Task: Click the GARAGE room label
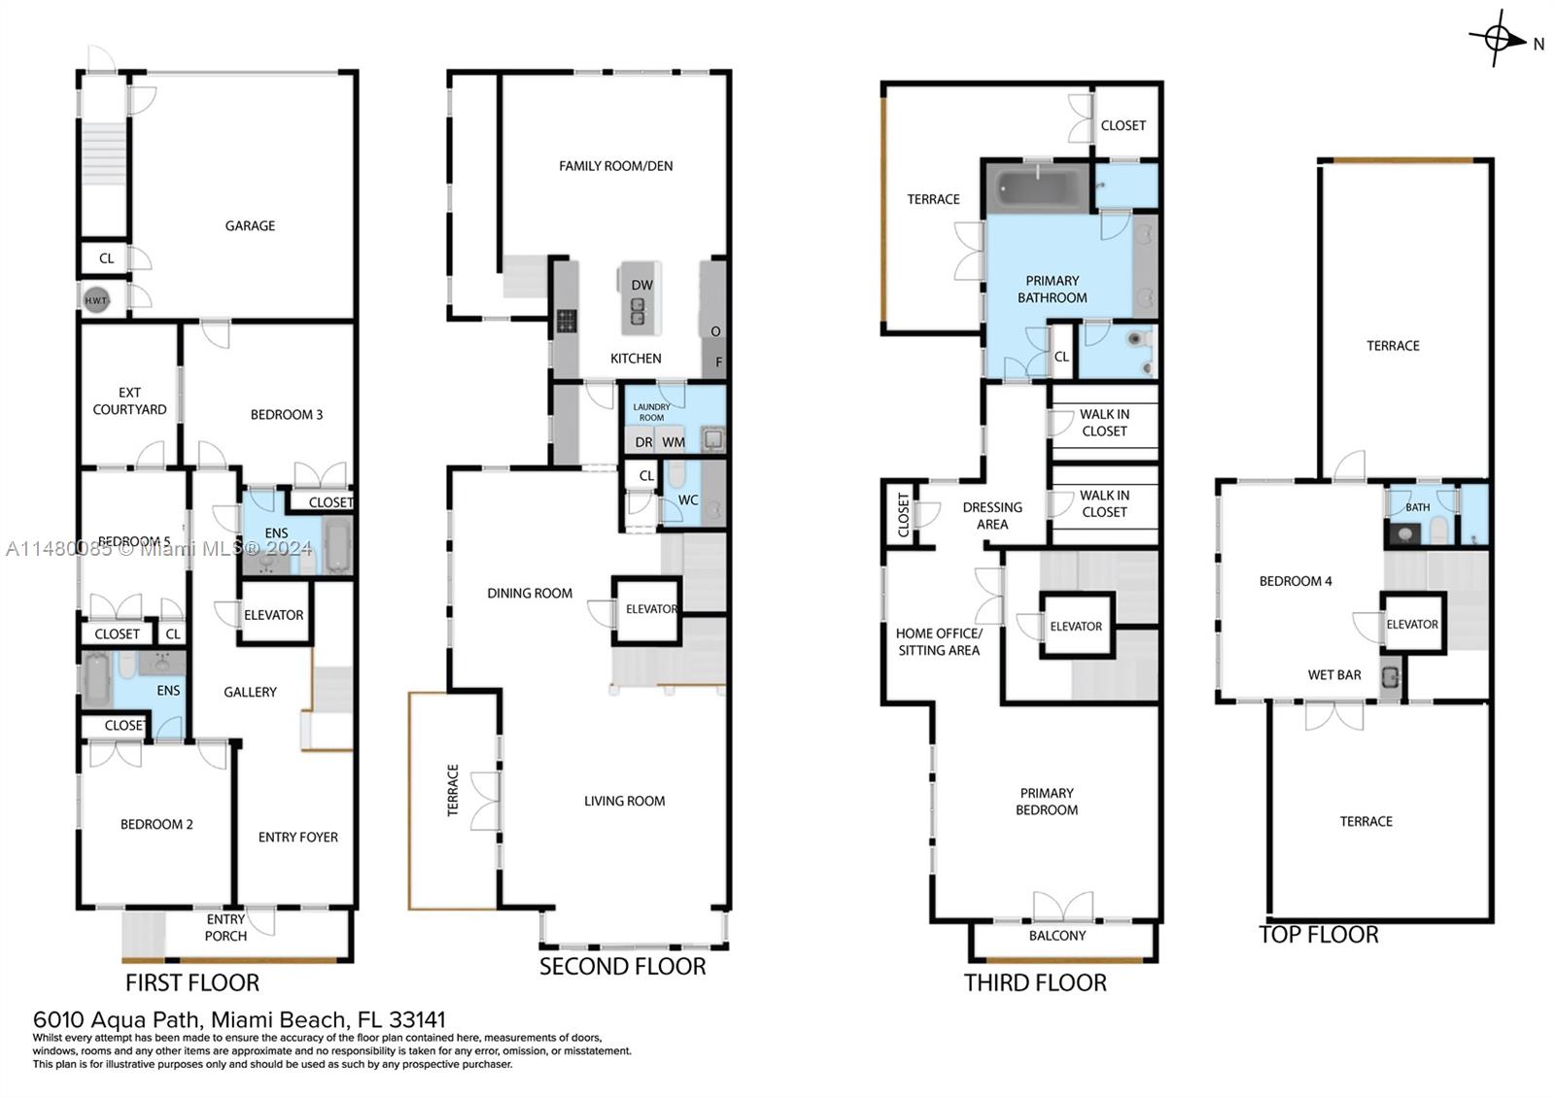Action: point(250,225)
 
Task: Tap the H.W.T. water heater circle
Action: point(96,300)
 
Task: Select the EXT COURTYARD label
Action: point(129,400)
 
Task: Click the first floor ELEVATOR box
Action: point(274,614)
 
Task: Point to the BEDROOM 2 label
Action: point(156,824)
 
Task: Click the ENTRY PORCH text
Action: point(225,927)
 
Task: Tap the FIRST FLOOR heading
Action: point(192,982)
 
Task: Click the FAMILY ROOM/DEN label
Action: point(615,166)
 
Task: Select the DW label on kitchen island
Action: point(641,285)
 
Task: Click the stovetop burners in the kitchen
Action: point(567,320)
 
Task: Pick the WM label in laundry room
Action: point(674,442)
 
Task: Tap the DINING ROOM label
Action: point(530,593)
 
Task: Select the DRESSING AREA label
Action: point(992,515)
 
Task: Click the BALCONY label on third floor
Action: point(1057,936)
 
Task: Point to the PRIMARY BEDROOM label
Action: point(1047,801)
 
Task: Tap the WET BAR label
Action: point(1333,674)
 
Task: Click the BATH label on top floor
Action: point(1417,507)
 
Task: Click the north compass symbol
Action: point(1498,40)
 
